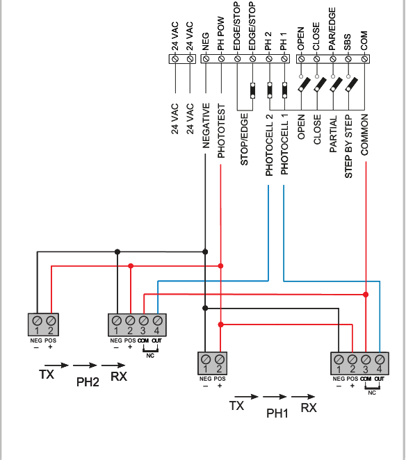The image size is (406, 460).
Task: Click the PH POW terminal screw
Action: [221, 58]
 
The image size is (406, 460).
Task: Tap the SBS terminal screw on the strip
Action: [348, 59]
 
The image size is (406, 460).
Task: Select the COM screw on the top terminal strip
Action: [364, 59]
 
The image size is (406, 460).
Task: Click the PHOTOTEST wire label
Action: [221, 131]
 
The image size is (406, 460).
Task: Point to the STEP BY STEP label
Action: [348, 147]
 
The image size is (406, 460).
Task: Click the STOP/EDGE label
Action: [244, 140]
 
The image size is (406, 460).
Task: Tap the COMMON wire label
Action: [364, 135]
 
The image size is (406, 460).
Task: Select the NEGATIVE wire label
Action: [206, 126]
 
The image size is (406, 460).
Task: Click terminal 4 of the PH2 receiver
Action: [157, 320]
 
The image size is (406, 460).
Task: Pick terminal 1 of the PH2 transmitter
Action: [37, 320]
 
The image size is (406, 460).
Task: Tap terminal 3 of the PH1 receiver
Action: [366, 359]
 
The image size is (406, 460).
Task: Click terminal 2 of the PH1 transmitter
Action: [220, 359]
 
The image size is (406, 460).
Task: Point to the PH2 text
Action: [88, 382]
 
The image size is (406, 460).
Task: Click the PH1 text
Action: [277, 413]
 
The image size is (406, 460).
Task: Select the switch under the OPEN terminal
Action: [304, 84]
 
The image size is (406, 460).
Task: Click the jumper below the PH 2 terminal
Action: [270, 90]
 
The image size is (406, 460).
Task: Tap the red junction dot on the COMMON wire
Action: [366, 295]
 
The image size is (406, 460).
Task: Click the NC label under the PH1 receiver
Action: [372, 393]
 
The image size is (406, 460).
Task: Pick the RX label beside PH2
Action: [119, 377]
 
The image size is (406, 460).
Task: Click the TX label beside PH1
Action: [236, 406]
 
